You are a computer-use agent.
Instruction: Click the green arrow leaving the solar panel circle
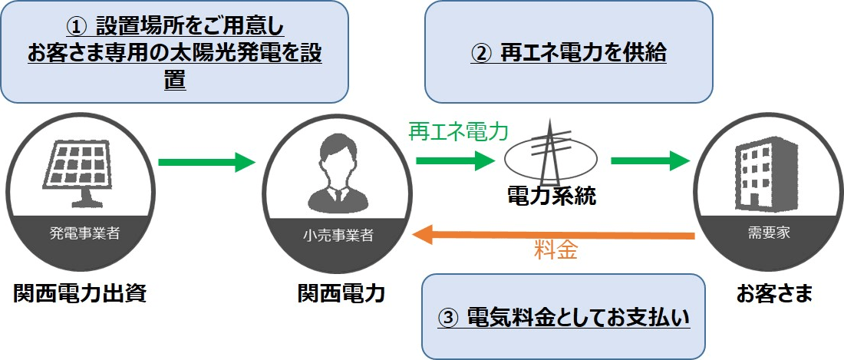pos(206,161)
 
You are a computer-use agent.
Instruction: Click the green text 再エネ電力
pos(458,132)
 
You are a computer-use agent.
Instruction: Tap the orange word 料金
pos(556,251)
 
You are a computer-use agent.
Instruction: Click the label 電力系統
pos(552,197)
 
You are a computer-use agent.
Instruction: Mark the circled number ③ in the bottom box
pos(448,316)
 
